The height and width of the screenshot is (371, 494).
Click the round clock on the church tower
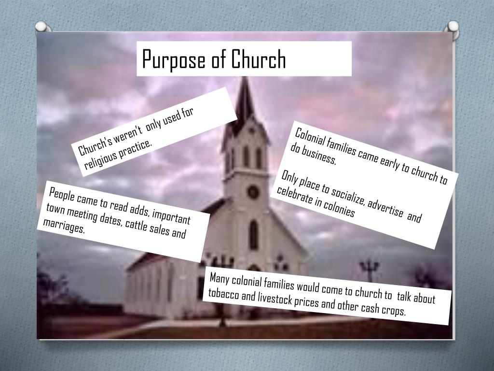coord(253,192)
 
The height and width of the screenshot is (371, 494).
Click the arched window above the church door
coord(254,235)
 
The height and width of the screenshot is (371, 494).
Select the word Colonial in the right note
coord(308,138)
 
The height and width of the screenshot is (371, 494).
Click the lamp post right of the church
coord(369,271)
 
